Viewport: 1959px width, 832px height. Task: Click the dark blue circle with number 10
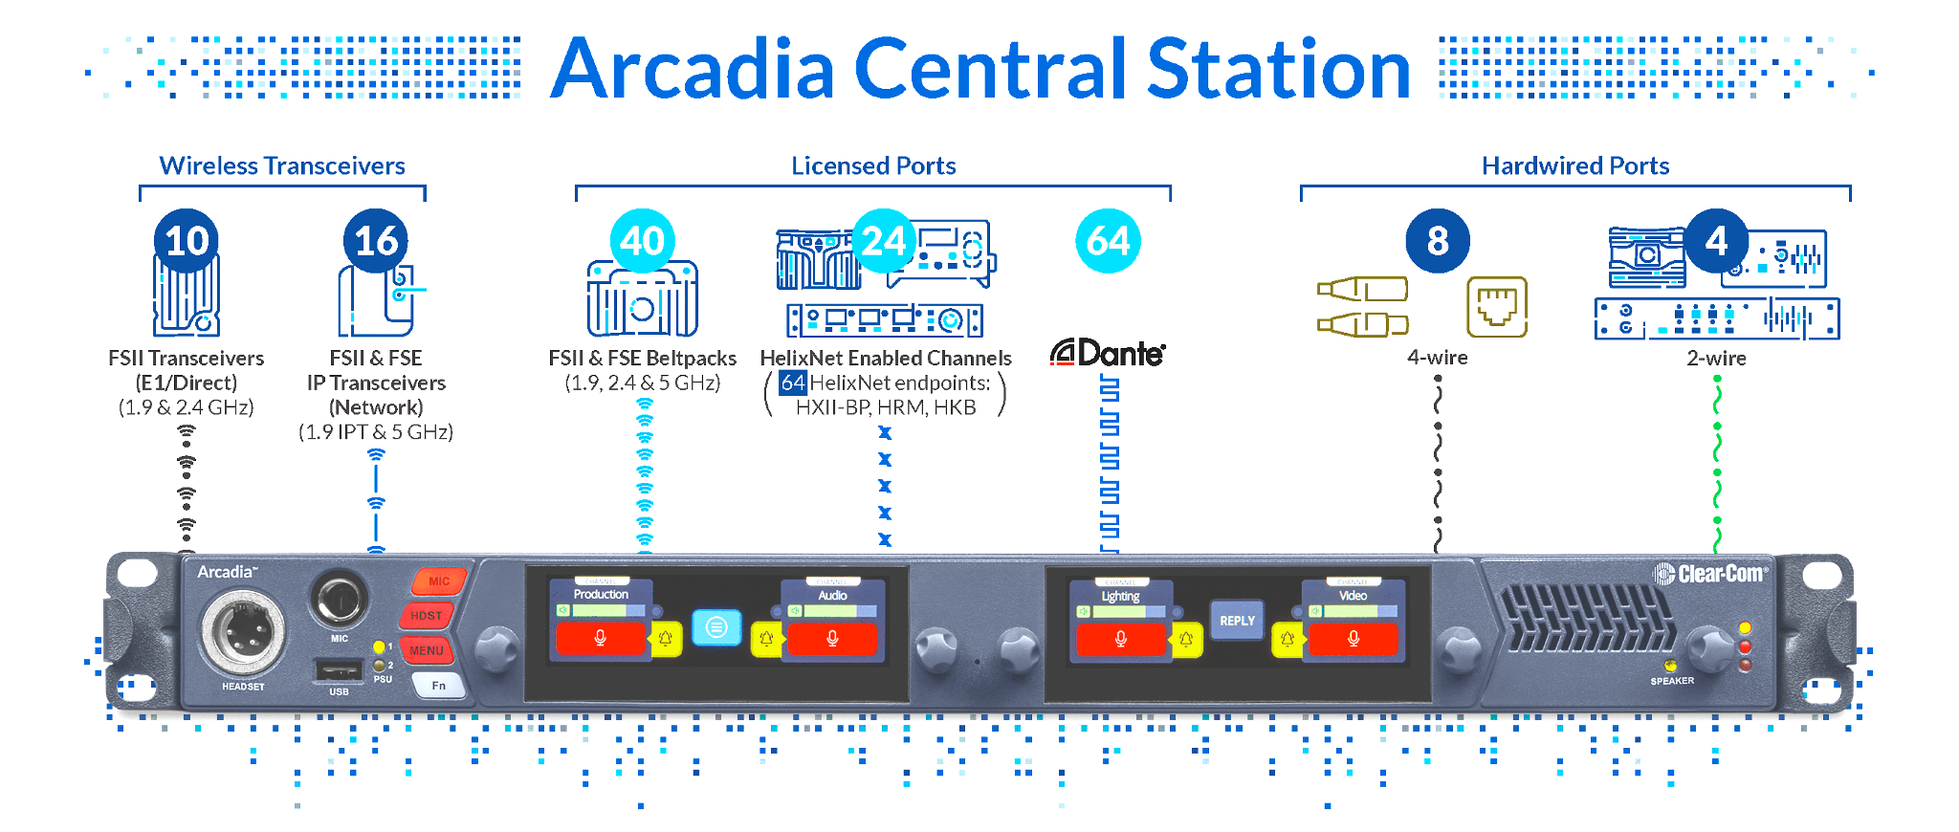[187, 240]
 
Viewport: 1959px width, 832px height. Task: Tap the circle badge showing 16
[376, 240]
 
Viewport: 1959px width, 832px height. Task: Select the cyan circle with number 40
[642, 240]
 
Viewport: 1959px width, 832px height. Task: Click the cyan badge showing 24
[884, 240]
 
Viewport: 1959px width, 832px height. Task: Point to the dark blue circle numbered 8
[1437, 240]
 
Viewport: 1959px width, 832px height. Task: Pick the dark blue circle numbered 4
[1716, 240]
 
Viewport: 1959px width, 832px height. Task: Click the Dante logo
[1108, 354]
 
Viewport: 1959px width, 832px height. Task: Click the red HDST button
[427, 615]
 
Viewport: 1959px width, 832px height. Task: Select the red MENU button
[427, 650]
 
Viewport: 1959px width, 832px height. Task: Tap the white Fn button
[438, 685]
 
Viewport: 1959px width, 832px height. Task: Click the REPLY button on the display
[1237, 621]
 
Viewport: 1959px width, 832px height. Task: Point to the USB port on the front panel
[339, 669]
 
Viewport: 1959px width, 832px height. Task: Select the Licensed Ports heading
[873, 166]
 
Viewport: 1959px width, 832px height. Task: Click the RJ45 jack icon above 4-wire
[1496, 307]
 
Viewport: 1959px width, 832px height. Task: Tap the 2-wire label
[1716, 359]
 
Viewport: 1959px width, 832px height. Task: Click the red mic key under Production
[601, 638]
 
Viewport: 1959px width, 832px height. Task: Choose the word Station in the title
[1278, 69]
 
